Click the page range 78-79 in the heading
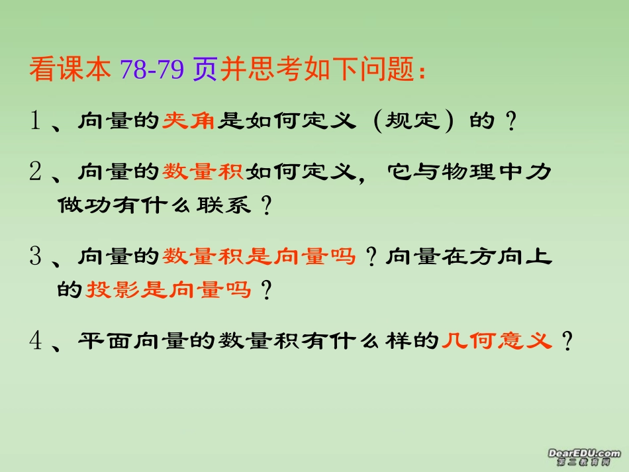pyautogui.click(x=152, y=69)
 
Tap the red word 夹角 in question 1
pyautogui.click(x=189, y=121)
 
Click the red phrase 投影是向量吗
pyautogui.click(x=169, y=290)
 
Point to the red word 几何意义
pyautogui.click(x=496, y=342)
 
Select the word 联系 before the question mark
pyautogui.click(x=224, y=206)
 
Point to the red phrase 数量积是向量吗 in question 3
pyautogui.click(x=260, y=256)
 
